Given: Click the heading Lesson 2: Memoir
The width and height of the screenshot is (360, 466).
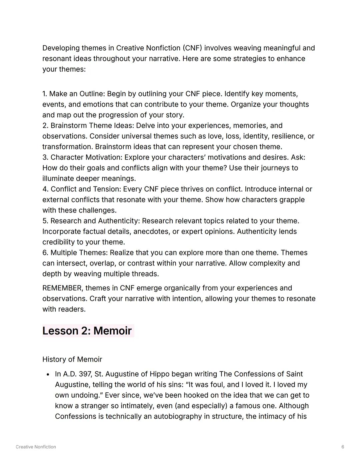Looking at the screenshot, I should pyautogui.click(x=87, y=331).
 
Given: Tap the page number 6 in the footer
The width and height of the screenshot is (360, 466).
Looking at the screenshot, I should pyautogui.click(x=343, y=447).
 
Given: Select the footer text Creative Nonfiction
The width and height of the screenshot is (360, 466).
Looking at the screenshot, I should pyautogui.click(x=36, y=447).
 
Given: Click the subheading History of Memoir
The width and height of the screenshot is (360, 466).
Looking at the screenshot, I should pyautogui.click(x=72, y=359).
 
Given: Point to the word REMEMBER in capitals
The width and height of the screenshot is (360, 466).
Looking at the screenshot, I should pyautogui.click(x=62, y=288).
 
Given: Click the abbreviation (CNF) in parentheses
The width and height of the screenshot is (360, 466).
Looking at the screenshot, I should pyautogui.click(x=192, y=48).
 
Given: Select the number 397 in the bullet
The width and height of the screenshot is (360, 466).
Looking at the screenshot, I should pyautogui.click(x=85, y=374).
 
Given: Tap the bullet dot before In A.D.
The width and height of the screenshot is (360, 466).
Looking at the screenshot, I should pyautogui.click(x=48, y=374).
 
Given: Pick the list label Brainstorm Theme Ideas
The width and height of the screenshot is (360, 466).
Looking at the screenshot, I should pyautogui.click(x=92, y=125).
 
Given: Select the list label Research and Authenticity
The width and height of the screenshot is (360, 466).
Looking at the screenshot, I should pyautogui.click(x=95, y=221).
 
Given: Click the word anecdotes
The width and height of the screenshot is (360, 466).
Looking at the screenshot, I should pyautogui.click(x=152, y=231).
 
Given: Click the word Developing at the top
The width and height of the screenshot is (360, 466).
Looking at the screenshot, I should pyautogui.click(x=61, y=48).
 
